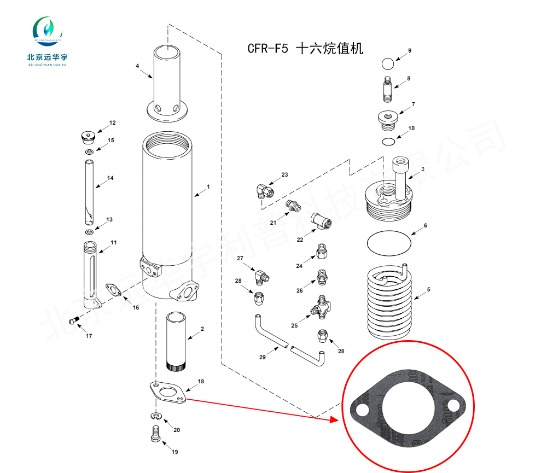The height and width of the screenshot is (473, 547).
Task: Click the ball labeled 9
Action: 388,63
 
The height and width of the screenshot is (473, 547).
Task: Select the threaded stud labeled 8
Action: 387,90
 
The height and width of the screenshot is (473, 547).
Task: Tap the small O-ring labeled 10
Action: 388,142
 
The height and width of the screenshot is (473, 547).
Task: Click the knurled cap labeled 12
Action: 87,136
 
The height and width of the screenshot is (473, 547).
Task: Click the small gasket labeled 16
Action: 113,289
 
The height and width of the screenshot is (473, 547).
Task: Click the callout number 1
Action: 208,187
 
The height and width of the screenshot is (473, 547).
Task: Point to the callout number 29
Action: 262,357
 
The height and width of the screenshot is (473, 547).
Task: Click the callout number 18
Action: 201,381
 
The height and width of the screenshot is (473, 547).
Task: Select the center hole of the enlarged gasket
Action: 406,407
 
